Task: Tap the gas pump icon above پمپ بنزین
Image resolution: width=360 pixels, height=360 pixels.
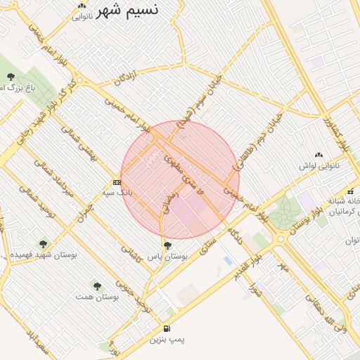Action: tap(167, 328)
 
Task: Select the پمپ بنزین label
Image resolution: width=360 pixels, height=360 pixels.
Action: tap(167, 340)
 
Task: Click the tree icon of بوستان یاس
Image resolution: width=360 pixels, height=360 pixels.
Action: tap(167, 245)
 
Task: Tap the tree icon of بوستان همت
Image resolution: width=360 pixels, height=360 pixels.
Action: tap(97, 286)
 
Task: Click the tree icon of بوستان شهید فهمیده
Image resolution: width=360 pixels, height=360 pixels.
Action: tap(44, 243)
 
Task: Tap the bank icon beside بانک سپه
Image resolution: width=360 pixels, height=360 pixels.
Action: tap(116, 182)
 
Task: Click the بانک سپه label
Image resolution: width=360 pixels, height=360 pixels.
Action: tap(117, 192)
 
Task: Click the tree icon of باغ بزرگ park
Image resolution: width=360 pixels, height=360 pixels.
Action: tap(11, 77)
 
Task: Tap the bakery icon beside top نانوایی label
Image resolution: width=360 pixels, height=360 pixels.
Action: tap(82, 6)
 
